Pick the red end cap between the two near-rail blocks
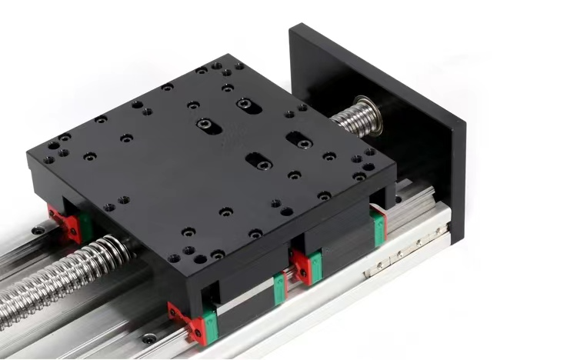point(302,265)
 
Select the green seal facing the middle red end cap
point(278,286)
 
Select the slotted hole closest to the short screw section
point(299,140)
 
